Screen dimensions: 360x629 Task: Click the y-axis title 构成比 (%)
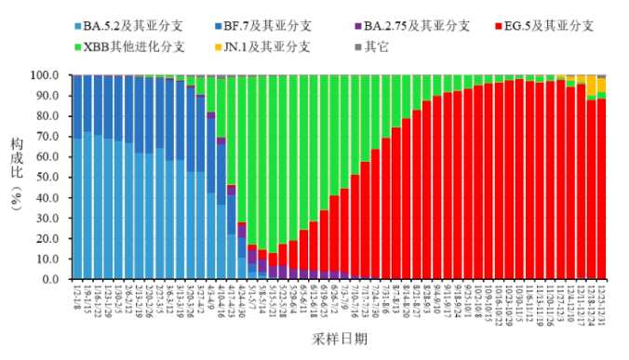[x=17, y=178]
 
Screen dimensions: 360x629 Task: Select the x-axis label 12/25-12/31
[x=601, y=304]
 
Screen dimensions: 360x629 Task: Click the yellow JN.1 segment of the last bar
[x=601, y=85]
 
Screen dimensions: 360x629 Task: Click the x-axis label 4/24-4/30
[x=242, y=302]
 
